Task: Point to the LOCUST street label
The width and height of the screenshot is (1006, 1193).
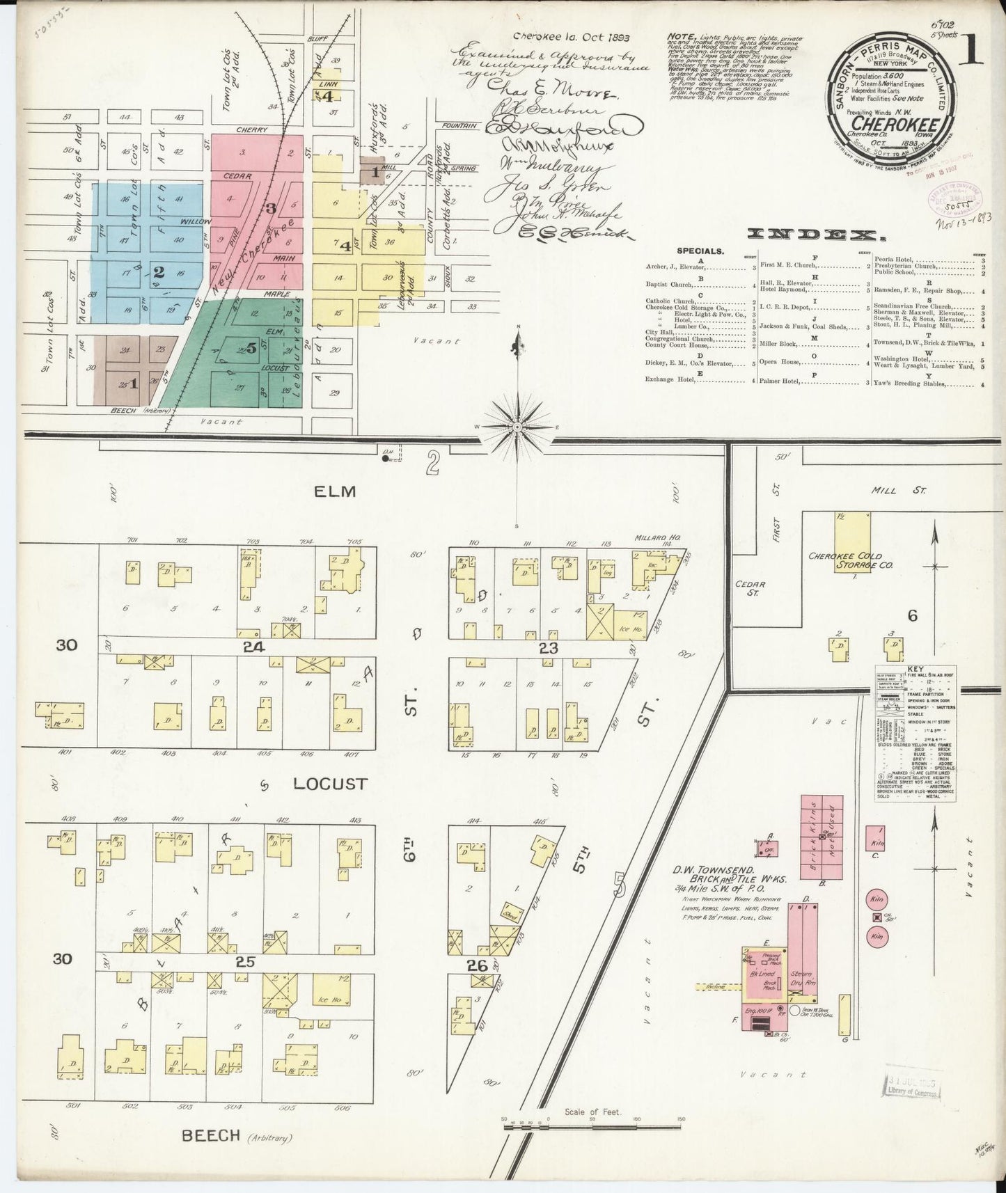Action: (x=329, y=784)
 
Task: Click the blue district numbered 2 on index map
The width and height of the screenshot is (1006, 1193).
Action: (x=159, y=271)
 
